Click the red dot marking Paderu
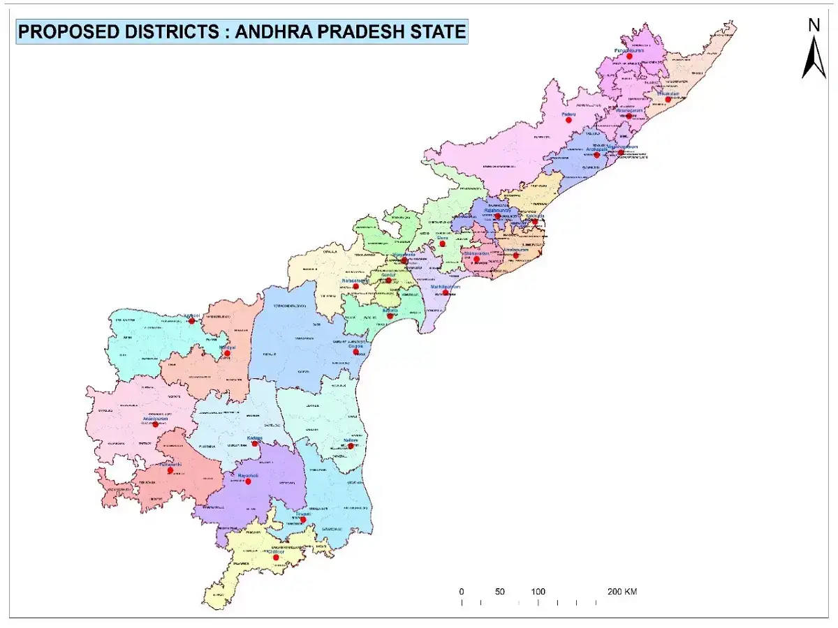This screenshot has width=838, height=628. tap(568, 120)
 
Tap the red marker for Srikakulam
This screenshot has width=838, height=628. tap(668, 100)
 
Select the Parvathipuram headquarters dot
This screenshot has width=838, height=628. tap(628, 57)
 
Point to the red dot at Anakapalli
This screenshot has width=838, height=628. tap(596, 155)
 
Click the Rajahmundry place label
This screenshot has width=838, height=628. tap(497, 209)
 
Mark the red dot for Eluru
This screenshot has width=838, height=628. tap(442, 244)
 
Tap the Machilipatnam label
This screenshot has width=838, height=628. tap(446, 287)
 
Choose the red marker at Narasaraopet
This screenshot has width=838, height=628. tap(355, 286)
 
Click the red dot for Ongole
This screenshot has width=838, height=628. tap(357, 352)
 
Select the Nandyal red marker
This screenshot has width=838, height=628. tap(227, 353)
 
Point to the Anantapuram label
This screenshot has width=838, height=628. tap(154, 419)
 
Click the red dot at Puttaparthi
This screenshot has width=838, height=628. tap(170, 470)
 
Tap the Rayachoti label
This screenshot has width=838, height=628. tap(249, 475)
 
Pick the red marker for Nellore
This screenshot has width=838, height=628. tap(351, 446)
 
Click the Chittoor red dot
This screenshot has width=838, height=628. tap(276, 557)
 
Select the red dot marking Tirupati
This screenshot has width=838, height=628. tap(302, 519)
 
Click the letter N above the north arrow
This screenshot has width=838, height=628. tap(814, 26)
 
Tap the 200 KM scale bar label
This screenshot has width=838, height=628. tap(622, 592)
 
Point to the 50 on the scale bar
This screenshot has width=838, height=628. tap(500, 592)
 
